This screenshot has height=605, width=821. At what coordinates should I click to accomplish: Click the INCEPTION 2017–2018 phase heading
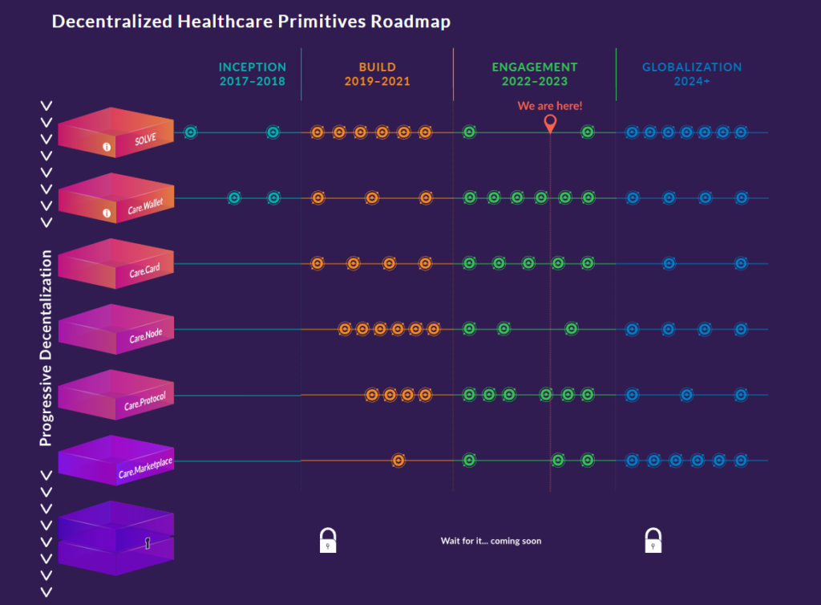253,74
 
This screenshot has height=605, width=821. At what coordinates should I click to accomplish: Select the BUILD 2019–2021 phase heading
377,74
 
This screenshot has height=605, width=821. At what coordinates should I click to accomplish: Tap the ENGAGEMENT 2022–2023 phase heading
534,74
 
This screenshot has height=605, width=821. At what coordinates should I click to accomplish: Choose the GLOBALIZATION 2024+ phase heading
692,74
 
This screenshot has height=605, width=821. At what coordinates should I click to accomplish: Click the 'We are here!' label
550,106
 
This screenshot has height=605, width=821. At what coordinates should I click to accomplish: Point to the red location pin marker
550,124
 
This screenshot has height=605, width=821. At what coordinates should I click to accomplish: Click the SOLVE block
116,133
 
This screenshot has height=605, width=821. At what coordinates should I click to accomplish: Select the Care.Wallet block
116,199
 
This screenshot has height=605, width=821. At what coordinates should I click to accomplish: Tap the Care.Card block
116,264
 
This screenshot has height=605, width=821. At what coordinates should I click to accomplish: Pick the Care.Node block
116,330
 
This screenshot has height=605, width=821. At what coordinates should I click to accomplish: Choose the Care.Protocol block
116,396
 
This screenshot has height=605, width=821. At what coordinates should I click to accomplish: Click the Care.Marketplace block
116,461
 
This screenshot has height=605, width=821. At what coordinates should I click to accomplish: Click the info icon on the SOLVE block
107,148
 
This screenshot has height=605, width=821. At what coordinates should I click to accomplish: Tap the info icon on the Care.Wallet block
107,213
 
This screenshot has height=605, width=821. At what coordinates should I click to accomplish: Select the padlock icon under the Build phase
328,541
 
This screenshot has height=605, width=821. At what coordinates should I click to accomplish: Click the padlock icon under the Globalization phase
653,541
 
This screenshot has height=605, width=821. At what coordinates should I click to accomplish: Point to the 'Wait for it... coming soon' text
491,541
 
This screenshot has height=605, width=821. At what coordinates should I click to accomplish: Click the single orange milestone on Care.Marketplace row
398,461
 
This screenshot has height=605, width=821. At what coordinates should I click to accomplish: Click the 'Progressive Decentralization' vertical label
47,347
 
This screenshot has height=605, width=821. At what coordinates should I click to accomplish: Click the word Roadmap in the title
410,22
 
